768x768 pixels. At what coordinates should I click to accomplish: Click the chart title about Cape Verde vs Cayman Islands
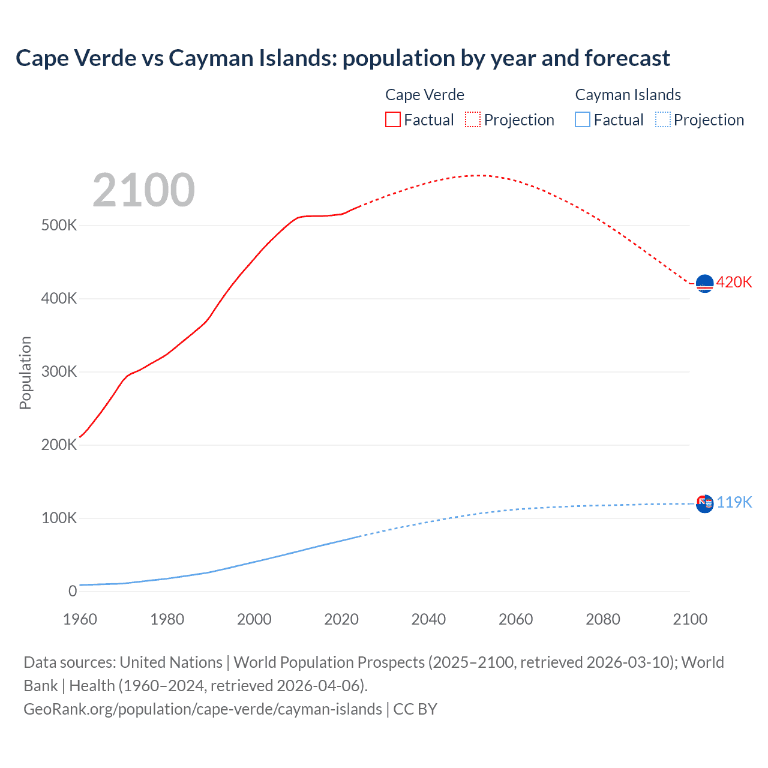click(x=343, y=58)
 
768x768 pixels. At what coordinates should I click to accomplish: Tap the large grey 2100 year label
click(x=143, y=190)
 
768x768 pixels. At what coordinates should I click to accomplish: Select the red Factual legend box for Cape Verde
click(x=392, y=119)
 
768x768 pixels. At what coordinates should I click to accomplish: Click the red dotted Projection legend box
click(x=473, y=119)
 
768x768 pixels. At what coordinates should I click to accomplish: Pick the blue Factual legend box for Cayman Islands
click(x=582, y=119)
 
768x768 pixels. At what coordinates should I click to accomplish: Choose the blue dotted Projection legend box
click(x=662, y=119)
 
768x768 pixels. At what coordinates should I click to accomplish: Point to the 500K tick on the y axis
click(x=59, y=226)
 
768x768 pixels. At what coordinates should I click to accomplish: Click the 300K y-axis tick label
click(x=59, y=371)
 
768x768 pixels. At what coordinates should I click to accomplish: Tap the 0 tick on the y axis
click(x=73, y=591)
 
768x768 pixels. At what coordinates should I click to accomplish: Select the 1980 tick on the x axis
click(x=167, y=619)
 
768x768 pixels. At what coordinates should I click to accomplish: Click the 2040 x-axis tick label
click(x=428, y=619)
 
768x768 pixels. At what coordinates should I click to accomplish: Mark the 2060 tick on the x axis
click(x=515, y=619)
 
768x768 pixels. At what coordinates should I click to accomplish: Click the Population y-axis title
click(x=25, y=373)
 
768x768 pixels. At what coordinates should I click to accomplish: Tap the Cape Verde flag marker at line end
click(x=704, y=283)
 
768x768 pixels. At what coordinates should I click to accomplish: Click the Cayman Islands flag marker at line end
click(x=704, y=503)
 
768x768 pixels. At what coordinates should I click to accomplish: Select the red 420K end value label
click(x=734, y=282)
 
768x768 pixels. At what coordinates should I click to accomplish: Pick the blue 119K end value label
click(x=734, y=502)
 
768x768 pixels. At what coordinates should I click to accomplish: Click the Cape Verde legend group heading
click(x=424, y=95)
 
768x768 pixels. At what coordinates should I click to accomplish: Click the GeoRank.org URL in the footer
click(x=202, y=709)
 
